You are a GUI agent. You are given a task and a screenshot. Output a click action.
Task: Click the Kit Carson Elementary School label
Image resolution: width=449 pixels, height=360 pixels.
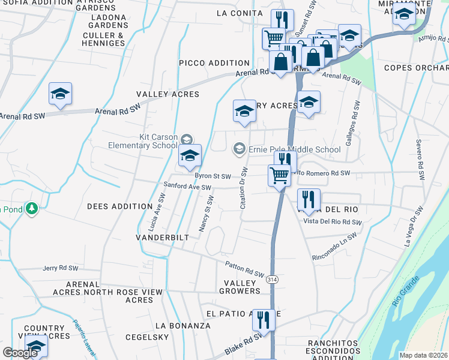[143, 142]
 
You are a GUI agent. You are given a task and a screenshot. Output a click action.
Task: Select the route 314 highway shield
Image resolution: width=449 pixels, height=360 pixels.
[273, 280]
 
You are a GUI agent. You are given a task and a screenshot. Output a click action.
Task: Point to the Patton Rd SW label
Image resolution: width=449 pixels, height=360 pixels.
[245, 269]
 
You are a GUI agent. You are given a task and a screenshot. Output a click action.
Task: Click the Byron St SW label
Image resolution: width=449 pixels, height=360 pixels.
[212, 176]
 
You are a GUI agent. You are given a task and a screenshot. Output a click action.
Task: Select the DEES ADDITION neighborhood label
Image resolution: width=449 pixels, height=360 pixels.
[120, 206]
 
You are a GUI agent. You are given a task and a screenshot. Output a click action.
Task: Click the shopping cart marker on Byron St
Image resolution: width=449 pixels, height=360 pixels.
[279, 177]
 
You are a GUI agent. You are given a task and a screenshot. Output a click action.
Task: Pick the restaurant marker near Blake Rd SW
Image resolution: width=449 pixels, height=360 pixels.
[263, 320]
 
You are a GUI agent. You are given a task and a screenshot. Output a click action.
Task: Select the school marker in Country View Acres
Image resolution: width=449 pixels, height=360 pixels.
[37, 346]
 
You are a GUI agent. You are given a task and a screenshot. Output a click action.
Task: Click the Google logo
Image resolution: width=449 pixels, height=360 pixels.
[20, 353]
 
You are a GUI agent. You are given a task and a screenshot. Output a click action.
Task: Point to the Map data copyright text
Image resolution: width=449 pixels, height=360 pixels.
[423, 355]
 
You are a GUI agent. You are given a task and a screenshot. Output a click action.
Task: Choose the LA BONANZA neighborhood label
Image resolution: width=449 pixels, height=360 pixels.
[183, 325]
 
